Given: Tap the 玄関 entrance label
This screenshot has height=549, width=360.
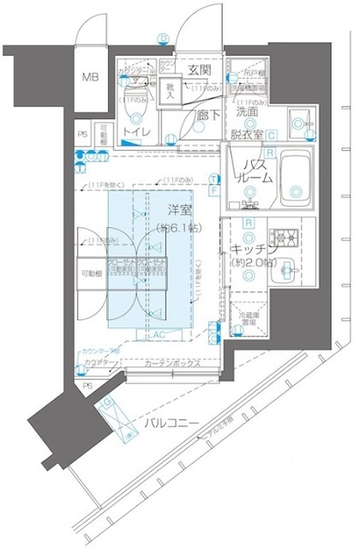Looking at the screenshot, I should (199, 69).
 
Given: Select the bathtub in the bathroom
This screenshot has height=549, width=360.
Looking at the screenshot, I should (296, 177).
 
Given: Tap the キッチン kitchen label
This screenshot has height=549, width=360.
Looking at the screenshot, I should (249, 248).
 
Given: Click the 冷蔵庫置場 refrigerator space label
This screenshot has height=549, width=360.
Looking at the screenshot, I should (248, 333).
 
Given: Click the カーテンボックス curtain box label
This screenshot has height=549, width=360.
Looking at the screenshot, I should (171, 364).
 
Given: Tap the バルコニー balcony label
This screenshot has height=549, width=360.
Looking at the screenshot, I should (171, 424).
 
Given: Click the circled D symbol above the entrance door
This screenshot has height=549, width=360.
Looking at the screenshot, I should (163, 37).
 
